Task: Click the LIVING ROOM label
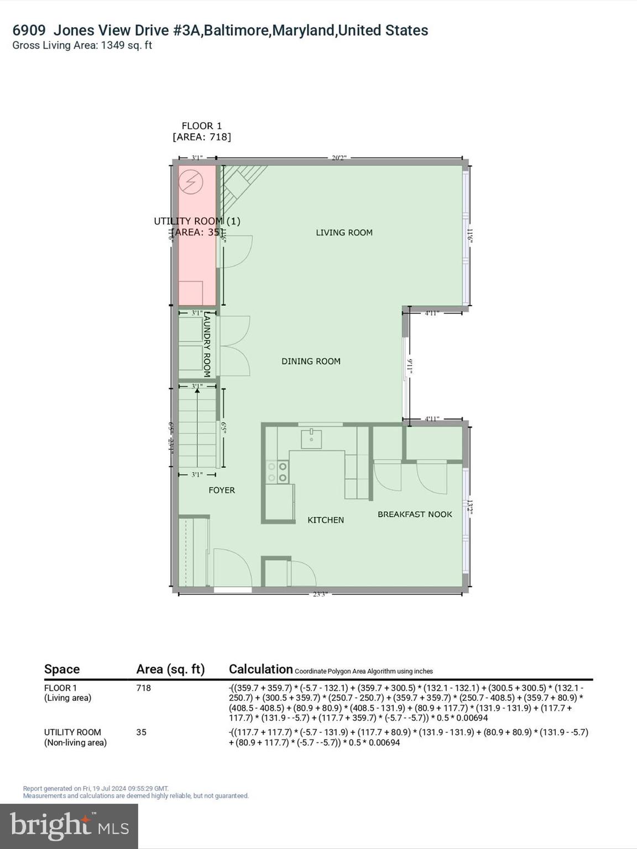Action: click(x=344, y=233)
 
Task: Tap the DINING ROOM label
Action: click(x=311, y=361)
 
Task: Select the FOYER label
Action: click(x=222, y=490)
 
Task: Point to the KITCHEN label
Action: click(x=326, y=520)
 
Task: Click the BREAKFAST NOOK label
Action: click(x=415, y=515)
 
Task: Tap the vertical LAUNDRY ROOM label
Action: click(x=207, y=345)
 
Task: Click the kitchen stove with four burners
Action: click(x=278, y=472)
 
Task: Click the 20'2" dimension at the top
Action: click(x=339, y=158)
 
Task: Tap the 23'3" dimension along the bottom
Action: click(x=320, y=595)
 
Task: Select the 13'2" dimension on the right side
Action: click(x=471, y=507)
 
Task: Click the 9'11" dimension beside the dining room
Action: click(x=410, y=367)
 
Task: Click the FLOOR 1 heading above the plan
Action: click(x=202, y=126)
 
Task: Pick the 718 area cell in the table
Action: click(x=143, y=688)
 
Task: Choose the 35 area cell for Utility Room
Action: click(x=141, y=732)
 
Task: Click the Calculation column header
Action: click(x=260, y=669)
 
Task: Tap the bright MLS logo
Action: click(x=69, y=826)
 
